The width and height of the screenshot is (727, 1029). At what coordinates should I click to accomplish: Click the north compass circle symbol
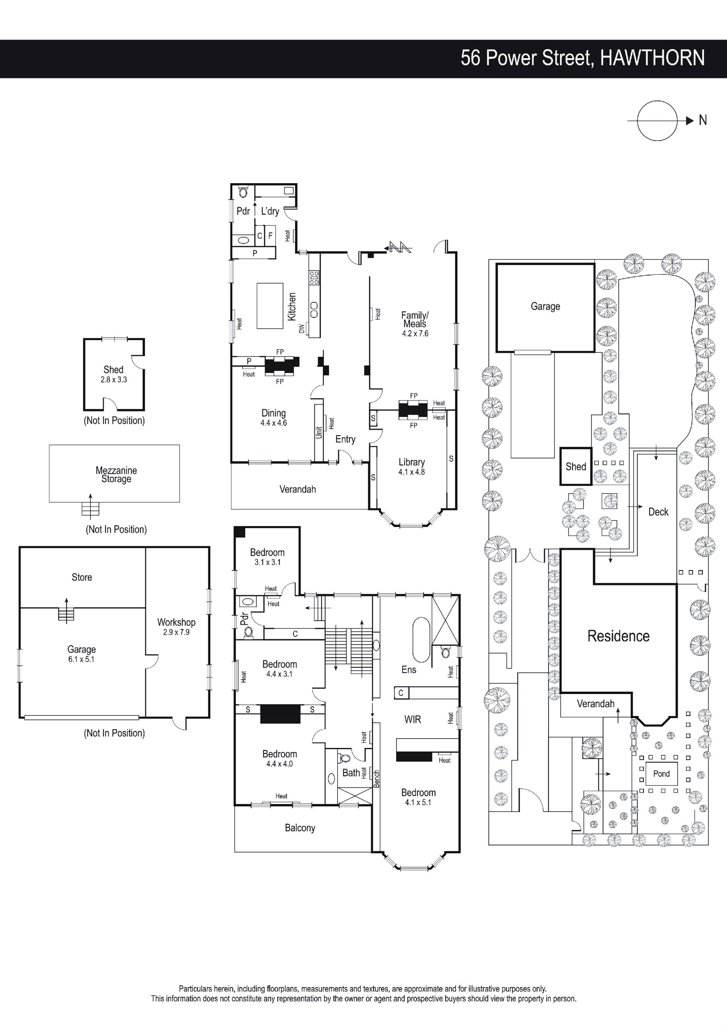(x=657, y=101)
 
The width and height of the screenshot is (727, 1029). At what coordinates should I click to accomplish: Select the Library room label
(x=412, y=462)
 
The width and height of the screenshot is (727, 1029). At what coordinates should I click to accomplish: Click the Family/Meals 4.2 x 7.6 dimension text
(x=415, y=334)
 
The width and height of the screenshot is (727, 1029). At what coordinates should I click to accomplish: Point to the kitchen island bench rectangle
(x=270, y=306)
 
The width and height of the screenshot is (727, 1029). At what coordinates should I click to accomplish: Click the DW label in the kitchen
(x=301, y=328)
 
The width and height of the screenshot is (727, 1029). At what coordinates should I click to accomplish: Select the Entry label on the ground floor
(x=345, y=439)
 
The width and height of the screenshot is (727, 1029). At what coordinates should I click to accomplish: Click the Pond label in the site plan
(x=661, y=774)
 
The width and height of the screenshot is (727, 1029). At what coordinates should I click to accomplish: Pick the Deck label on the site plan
(x=658, y=512)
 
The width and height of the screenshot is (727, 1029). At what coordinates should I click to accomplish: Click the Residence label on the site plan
(x=619, y=636)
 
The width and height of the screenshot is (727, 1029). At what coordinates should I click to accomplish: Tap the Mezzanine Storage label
(x=116, y=475)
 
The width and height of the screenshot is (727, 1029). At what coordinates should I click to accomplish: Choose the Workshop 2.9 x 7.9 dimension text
(x=176, y=632)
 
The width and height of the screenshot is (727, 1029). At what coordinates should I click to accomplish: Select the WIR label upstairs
(x=412, y=719)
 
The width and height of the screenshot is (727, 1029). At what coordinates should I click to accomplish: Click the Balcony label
(x=300, y=828)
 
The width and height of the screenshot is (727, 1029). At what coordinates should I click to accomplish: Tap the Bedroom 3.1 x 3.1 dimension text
(x=267, y=562)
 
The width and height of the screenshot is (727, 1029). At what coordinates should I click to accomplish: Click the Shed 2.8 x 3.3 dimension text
(x=114, y=380)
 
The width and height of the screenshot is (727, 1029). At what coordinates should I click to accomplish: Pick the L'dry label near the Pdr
(x=270, y=211)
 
